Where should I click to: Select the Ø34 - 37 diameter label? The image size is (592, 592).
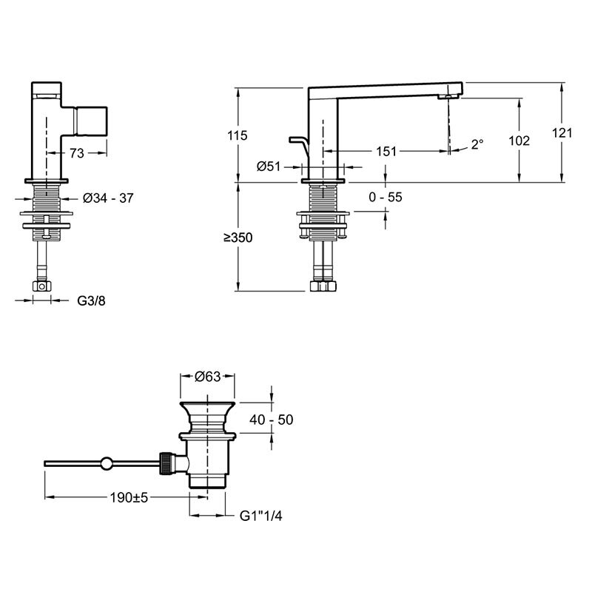[x=108, y=198]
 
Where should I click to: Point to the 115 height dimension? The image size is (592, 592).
[x=238, y=135]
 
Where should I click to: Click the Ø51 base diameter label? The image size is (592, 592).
[x=269, y=166]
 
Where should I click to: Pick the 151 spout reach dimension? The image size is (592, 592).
[x=386, y=152]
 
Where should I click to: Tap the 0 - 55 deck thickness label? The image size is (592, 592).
[x=386, y=197]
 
